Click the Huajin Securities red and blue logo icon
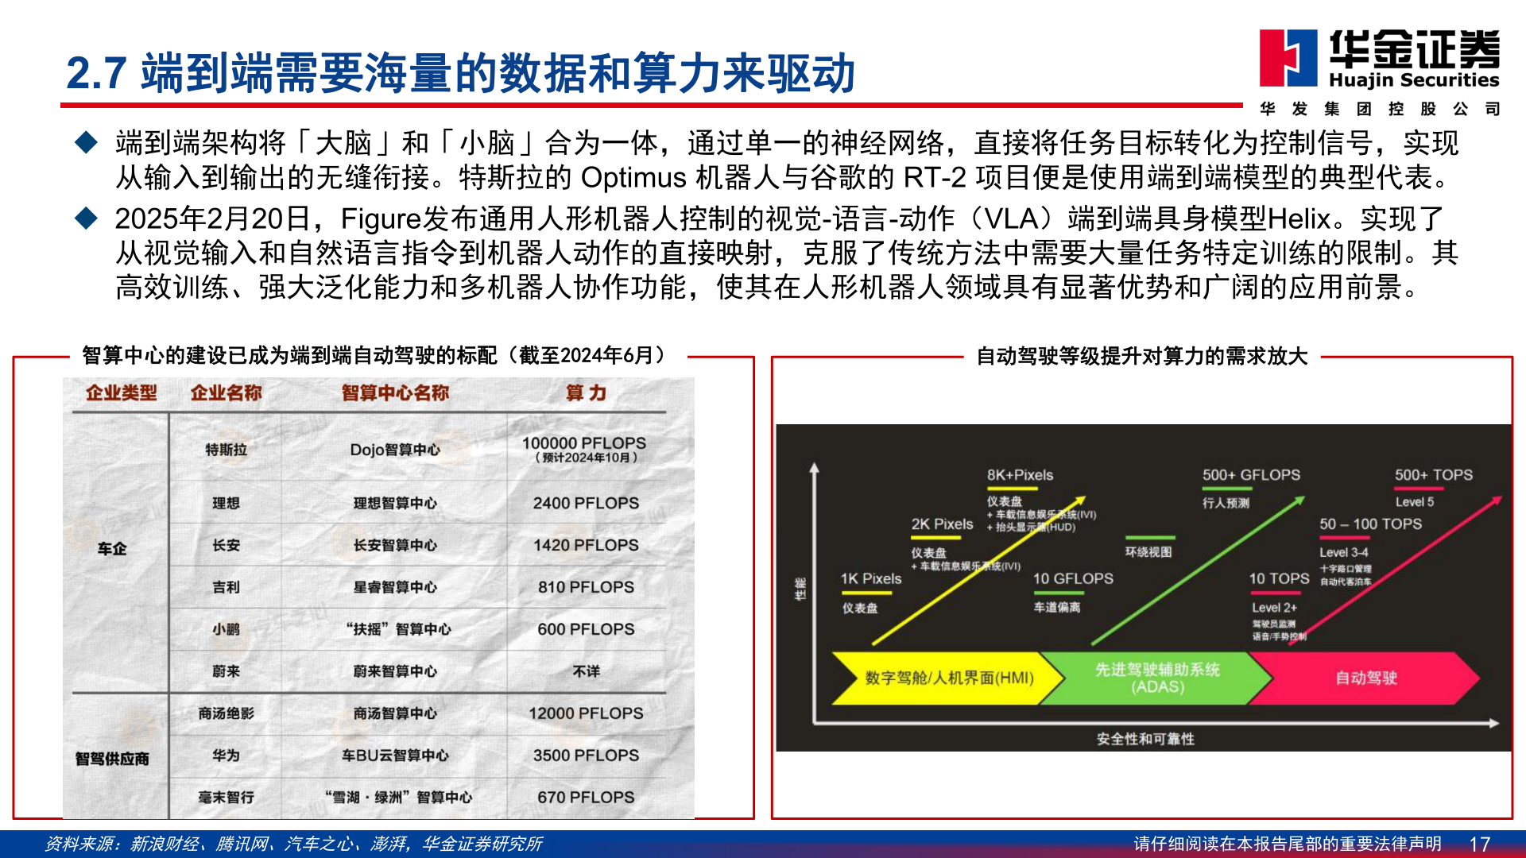(x=1288, y=58)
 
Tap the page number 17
(x=1479, y=844)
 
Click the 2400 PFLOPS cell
(x=586, y=503)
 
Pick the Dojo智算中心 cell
(x=395, y=450)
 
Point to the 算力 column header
(x=586, y=392)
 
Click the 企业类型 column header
(x=121, y=392)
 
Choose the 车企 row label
(x=112, y=548)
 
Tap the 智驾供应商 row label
(x=112, y=759)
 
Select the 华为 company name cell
(x=226, y=756)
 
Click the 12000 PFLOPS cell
(x=586, y=713)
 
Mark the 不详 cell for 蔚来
(x=586, y=671)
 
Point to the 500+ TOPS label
(x=1433, y=475)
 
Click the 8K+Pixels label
(x=1020, y=475)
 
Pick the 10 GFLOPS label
(x=1073, y=578)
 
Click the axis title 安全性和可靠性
(x=1145, y=739)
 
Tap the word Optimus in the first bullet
(x=633, y=178)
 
